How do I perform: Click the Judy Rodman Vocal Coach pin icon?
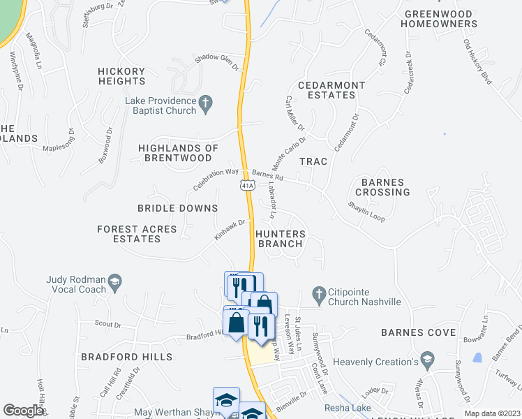(114, 282)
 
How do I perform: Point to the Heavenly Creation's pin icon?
(427, 361)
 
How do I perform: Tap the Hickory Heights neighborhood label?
(121, 76)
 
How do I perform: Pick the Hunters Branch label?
(280, 239)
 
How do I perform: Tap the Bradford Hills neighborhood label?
(126, 357)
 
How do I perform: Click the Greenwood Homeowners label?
(439, 19)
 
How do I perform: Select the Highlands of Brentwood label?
(178, 153)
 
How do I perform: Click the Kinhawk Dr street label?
(231, 230)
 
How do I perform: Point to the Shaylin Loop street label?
(367, 212)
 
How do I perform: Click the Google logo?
(23, 411)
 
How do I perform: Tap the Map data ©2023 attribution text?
(492, 413)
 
